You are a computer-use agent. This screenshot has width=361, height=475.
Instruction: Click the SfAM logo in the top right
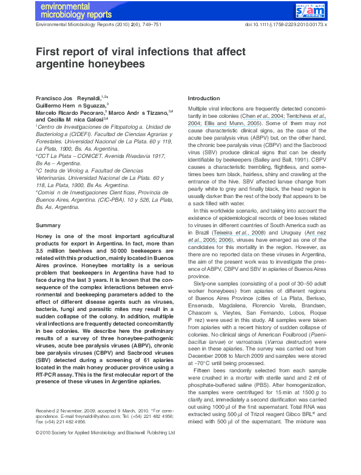[311, 10]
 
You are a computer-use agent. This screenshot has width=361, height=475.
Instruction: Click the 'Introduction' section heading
[204, 98]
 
